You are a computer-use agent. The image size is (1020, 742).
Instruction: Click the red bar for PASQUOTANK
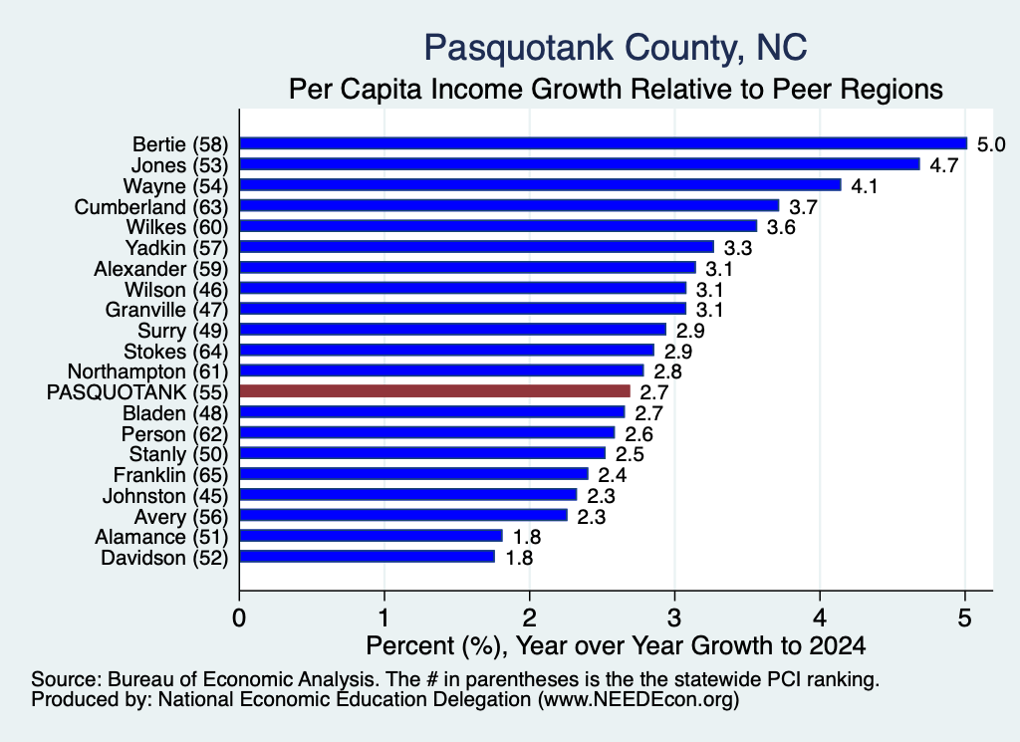click(435, 390)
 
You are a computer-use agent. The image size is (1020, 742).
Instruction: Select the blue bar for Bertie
click(604, 143)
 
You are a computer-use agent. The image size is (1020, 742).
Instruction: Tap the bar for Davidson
click(368, 557)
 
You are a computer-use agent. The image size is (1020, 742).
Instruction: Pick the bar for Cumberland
click(509, 205)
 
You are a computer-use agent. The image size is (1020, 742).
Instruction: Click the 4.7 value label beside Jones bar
click(944, 165)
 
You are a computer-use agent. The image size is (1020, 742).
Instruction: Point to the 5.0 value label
click(991, 144)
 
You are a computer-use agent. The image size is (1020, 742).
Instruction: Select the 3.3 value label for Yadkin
click(738, 248)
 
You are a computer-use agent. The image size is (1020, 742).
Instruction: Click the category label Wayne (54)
click(175, 186)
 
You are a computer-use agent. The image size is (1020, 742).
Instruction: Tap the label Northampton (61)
click(147, 371)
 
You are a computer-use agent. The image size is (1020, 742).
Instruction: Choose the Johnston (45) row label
click(165, 496)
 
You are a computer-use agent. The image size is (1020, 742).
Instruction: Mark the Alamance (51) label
click(161, 537)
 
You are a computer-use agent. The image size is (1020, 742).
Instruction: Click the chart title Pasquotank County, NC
click(616, 48)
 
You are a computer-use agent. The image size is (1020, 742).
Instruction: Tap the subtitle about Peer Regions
click(616, 89)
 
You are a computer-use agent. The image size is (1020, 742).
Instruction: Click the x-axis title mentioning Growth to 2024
click(616, 645)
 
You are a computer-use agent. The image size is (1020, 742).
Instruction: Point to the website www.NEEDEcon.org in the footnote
click(638, 700)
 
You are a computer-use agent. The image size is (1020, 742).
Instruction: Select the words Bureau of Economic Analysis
click(241, 679)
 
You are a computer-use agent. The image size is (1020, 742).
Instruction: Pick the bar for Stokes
click(447, 350)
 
